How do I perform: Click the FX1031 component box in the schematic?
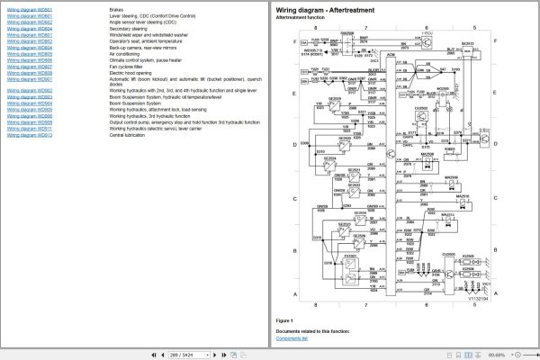[351, 256]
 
